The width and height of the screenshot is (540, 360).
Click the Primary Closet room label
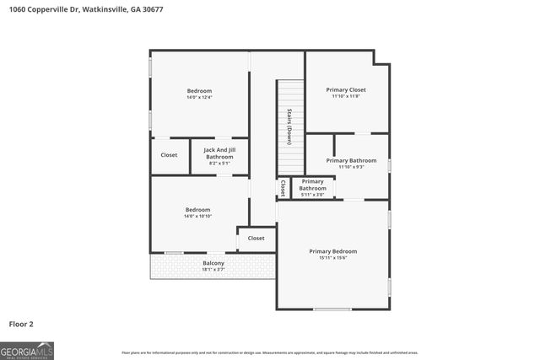[346, 89]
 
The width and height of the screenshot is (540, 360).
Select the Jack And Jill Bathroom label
[219, 153]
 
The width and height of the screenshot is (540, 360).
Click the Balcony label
[213, 264]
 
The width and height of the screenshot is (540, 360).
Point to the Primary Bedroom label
[332, 251]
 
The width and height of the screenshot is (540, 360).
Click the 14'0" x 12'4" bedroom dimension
[199, 98]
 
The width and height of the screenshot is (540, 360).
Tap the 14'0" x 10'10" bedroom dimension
[198, 217]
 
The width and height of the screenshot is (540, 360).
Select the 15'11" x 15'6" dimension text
[332, 258]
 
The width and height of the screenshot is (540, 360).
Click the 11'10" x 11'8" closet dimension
[346, 96]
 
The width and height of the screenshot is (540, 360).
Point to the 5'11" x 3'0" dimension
[312, 195]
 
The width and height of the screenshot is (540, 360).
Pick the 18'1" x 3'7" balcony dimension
[213, 271]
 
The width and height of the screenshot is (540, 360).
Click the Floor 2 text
[22, 323]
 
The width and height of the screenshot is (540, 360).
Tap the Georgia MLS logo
[27, 350]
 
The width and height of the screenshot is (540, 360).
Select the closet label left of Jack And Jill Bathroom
[169, 155]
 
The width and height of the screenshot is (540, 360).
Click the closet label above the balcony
[256, 238]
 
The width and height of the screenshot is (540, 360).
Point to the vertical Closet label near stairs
[283, 188]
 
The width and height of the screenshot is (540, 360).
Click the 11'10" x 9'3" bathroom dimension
[351, 167]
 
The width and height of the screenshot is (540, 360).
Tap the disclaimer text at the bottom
[270, 352]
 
